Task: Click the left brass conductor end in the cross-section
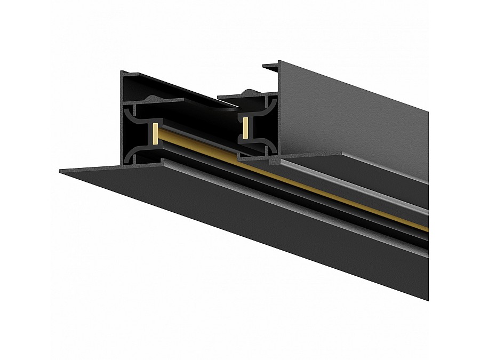pyautogui.click(x=155, y=132)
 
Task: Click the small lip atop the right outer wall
pyautogui.click(x=271, y=66)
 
